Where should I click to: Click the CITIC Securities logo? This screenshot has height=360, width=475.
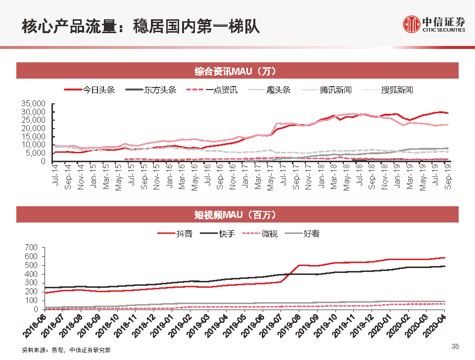(x=434, y=24)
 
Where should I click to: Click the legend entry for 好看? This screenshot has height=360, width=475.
(x=311, y=233)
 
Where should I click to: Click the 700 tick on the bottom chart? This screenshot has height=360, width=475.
(x=31, y=247)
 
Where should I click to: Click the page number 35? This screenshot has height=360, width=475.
(x=456, y=346)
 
